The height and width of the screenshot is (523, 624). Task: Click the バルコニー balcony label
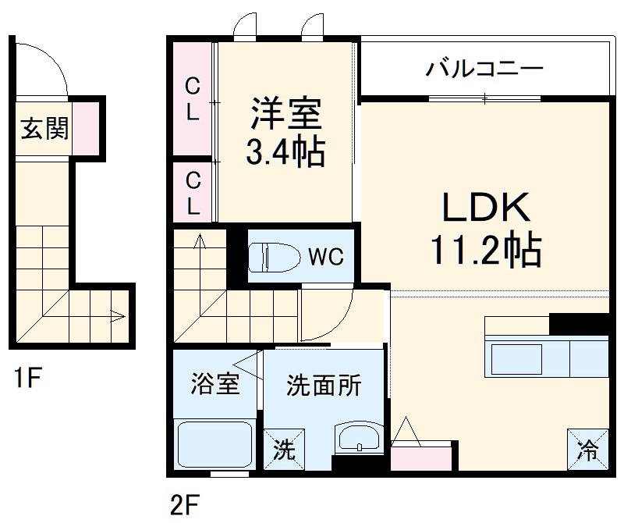(x=483, y=70)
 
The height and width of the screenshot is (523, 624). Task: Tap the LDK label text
(x=487, y=208)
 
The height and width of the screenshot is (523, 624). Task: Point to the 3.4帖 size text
(x=285, y=152)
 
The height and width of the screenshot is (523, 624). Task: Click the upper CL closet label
(x=193, y=98)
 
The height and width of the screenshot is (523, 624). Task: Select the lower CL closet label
(x=193, y=194)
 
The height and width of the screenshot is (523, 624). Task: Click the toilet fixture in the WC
(x=273, y=255)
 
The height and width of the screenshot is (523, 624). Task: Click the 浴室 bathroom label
(x=214, y=385)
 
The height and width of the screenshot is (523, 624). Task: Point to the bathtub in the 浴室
(x=214, y=446)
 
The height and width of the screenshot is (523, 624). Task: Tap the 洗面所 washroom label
(x=324, y=385)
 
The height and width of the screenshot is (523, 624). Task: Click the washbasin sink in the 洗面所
(x=359, y=438)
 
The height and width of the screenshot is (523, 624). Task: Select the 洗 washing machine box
(x=283, y=450)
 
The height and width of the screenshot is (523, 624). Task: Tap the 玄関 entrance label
(x=44, y=129)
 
